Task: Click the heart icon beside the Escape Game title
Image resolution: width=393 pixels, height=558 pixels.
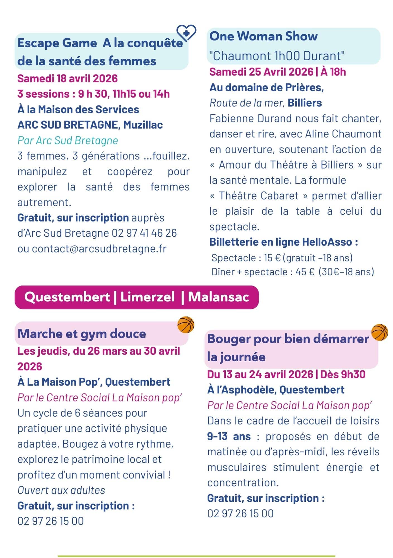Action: (x=187, y=33)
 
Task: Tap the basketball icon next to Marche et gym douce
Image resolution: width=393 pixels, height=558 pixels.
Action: (x=186, y=324)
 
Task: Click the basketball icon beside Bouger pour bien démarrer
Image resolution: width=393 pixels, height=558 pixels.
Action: (x=379, y=332)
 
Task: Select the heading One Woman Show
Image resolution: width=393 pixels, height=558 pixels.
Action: (x=263, y=36)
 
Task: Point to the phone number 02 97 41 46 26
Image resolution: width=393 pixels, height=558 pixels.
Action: (x=144, y=233)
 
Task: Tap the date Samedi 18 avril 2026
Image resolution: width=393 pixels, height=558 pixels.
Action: (x=67, y=78)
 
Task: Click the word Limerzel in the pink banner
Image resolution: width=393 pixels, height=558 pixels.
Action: (x=147, y=297)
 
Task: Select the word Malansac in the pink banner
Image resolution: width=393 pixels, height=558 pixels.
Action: (x=218, y=297)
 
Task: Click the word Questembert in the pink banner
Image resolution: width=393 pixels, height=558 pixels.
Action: (x=67, y=297)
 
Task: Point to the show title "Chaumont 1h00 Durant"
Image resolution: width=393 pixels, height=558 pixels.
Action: (x=277, y=56)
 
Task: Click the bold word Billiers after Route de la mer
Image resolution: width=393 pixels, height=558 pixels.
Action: (x=305, y=103)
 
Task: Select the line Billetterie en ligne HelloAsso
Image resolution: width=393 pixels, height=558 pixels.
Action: (x=284, y=242)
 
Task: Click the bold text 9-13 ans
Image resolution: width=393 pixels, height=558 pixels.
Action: (x=229, y=436)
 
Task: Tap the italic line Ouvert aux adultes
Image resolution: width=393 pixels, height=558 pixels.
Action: (x=61, y=490)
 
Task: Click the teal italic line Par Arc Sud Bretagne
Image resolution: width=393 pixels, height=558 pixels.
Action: (x=68, y=140)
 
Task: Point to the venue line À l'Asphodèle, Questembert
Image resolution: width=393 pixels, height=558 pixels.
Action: (x=276, y=390)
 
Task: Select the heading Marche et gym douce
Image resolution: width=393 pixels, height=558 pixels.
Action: (x=82, y=333)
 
